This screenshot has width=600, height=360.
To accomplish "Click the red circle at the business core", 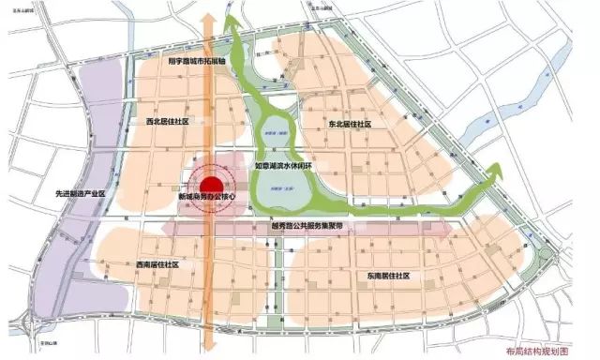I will pyautogui.click(x=212, y=184).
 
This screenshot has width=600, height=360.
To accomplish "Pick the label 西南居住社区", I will pyautogui.click(x=157, y=265).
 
